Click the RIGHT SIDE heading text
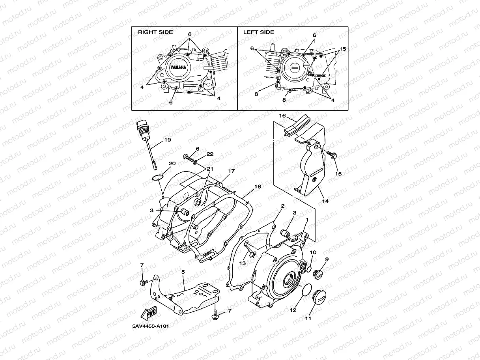point(155,32)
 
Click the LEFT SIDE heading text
point(258,32)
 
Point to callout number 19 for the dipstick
point(167,140)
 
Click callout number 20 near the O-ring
point(172,164)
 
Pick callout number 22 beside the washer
point(210,154)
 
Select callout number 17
point(231,171)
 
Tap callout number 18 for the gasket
point(258,186)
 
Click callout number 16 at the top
point(282,116)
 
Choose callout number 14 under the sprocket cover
point(325,201)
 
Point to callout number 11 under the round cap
point(308,318)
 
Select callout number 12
point(293,310)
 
